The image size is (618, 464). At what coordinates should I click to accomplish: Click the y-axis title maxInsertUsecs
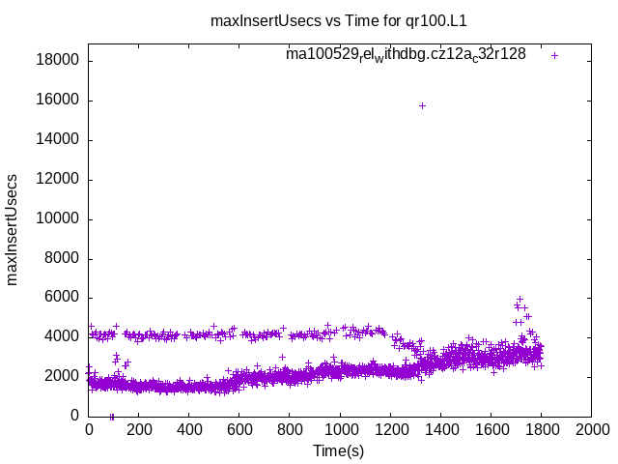[13, 230]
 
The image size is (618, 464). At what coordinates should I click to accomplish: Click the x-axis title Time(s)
[338, 450]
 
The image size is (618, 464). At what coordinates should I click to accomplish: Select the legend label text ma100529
[406, 55]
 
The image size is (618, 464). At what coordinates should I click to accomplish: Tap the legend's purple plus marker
[554, 55]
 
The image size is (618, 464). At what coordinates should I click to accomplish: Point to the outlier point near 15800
[422, 105]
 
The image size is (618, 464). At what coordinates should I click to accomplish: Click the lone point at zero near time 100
[112, 417]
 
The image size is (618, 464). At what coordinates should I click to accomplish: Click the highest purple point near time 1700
[520, 300]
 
